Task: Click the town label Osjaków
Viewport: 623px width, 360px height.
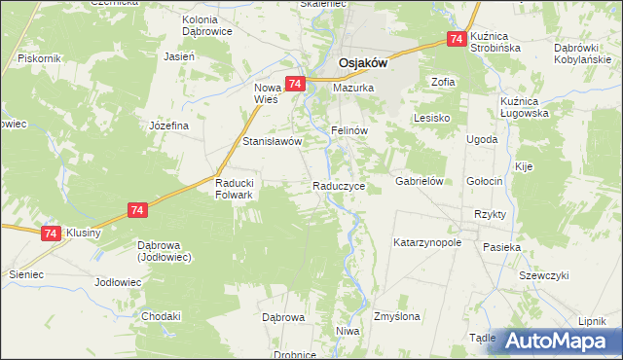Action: pyautogui.click(x=363, y=63)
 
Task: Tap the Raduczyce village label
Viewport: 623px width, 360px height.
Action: pyautogui.click(x=339, y=185)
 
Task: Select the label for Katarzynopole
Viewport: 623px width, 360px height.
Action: pyautogui.click(x=426, y=241)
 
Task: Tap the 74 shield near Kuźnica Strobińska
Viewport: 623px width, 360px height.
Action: pyautogui.click(x=456, y=39)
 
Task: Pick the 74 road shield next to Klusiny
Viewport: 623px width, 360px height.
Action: pyautogui.click(x=51, y=234)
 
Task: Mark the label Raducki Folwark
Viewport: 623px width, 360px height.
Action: pyautogui.click(x=234, y=189)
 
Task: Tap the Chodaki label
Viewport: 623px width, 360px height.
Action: pyautogui.click(x=162, y=316)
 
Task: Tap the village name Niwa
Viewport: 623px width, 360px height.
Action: pyautogui.click(x=348, y=332)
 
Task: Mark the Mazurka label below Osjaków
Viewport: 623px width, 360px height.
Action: pyautogui.click(x=353, y=88)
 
